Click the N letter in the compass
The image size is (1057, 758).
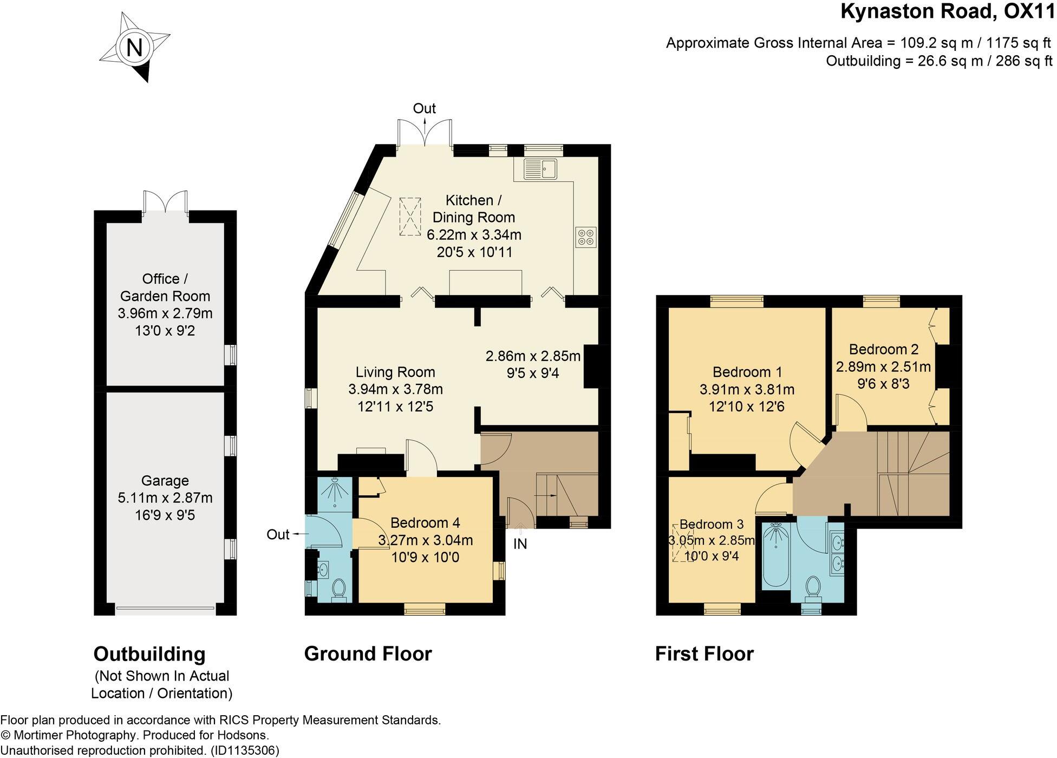(134, 48)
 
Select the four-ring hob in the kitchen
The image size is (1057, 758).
(586, 237)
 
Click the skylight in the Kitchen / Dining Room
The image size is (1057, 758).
(410, 217)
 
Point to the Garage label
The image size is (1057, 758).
(165, 481)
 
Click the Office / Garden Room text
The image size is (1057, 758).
(165, 287)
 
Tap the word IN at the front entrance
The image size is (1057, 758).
(520, 544)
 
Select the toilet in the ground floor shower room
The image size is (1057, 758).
(340, 589)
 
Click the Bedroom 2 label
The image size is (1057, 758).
(883, 349)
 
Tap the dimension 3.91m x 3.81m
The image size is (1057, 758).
(747, 389)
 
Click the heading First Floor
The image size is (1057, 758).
(704, 654)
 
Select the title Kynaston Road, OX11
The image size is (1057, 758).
(948, 12)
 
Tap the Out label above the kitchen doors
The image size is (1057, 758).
(424, 108)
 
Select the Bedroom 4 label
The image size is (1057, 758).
(425, 522)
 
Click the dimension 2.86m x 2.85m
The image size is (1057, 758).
(533, 356)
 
